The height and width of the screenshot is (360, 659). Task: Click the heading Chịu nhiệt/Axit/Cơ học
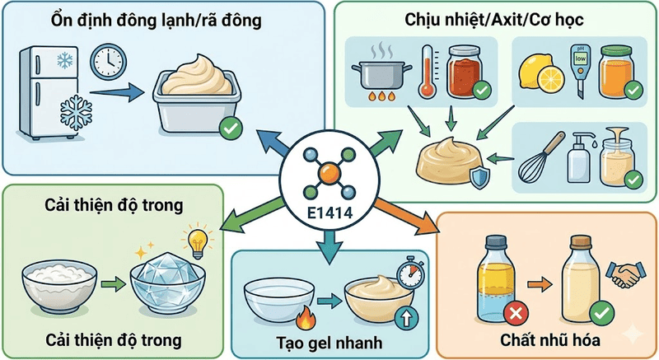click(498, 18)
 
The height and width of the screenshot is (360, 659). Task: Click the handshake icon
click(623, 275)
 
